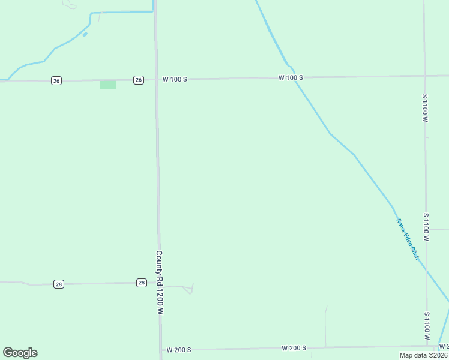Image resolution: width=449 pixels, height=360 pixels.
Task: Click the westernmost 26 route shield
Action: [x=56, y=81]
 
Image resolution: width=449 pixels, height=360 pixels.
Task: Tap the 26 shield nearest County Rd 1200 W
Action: [x=139, y=80]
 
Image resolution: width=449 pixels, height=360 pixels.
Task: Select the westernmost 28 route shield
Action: [x=58, y=284]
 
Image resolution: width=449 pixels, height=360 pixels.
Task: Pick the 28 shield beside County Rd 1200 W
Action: [x=141, y=283]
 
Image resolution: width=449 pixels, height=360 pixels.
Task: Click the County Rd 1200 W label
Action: [x=160, y=283]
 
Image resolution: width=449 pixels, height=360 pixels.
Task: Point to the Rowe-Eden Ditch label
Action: [x=408, y=239]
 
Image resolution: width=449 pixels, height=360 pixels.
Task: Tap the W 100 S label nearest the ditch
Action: [x=291, y=78]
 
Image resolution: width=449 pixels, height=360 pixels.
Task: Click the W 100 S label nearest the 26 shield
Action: [x=175, y=79]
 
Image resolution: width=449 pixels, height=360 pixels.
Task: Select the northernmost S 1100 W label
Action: [x=424, y=109]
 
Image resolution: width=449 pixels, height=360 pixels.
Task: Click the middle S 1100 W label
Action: [x=426, y=227]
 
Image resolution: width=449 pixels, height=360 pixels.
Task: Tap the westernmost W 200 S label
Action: [x=179, y=350]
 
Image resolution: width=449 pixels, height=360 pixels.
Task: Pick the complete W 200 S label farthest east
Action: [x=294, y=348]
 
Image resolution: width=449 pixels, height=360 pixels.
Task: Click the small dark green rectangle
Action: [x=107, y=85]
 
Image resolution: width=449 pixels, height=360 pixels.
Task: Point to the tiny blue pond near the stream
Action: [x=85, y=34]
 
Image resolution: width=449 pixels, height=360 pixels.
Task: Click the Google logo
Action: [x=20, y=353]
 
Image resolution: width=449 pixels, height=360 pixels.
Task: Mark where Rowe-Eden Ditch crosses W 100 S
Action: [x=295, y=77]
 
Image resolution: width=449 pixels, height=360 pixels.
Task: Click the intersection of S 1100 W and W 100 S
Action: [x=424, y=76]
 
